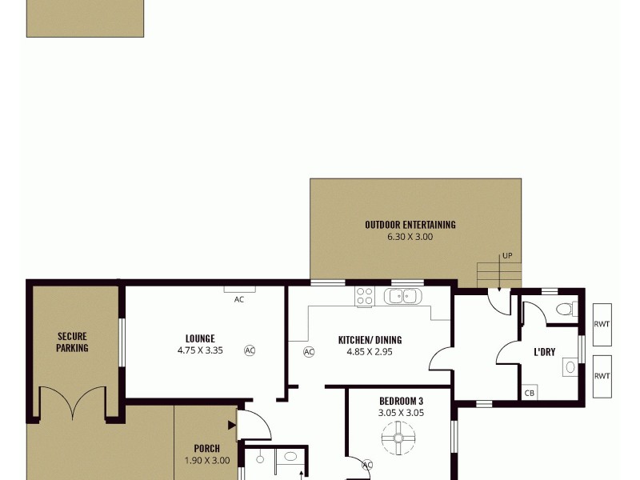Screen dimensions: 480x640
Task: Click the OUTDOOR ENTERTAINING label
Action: [x=410, y=225]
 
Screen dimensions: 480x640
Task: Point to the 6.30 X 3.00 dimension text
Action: [x=410, y=237]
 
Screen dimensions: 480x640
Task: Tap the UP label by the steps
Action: [x=506, y=256]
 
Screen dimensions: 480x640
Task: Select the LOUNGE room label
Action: [x=200, y=338]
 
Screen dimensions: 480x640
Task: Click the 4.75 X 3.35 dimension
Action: [x=200, y=350]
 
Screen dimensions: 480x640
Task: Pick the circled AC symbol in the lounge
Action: [x=250, y=350]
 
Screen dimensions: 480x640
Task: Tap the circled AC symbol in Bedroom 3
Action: [x=368, y=465]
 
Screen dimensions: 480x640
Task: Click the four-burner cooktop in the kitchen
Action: [x=365, y=297]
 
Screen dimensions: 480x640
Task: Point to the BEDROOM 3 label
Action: [x=401, y=402]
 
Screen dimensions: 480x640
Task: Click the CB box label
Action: [x=529, y=394]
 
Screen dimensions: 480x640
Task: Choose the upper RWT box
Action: [x=602, y=324]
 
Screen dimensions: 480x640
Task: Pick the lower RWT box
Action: [x=602, y=375]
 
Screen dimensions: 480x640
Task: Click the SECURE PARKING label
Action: [x=72, y=342]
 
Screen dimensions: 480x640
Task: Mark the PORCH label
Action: [x=206, y=449]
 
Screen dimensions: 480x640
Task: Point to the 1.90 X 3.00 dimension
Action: [x=206, y=460]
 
